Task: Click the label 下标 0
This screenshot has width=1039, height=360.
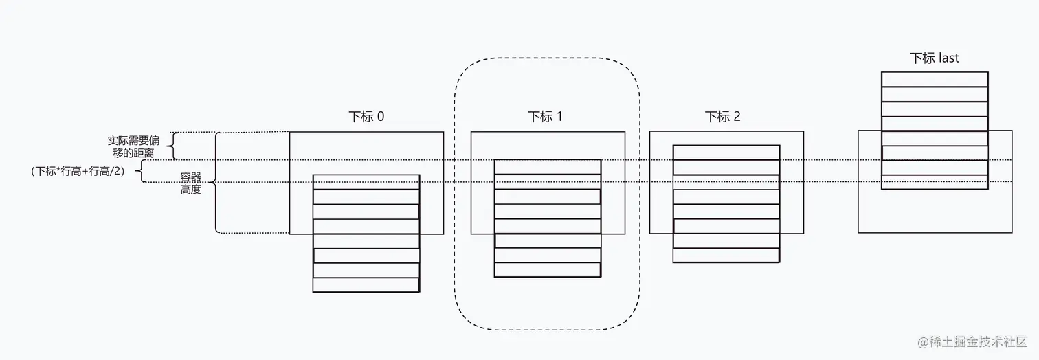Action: [x=366, y=117]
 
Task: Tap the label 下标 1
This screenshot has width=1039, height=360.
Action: [x=545, y=117]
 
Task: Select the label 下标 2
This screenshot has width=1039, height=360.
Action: [x=723, y=117]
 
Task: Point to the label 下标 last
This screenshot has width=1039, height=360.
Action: [x=935, y=58]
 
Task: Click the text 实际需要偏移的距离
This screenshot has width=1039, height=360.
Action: [x=134, y=146]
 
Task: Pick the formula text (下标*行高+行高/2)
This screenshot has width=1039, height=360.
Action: [x=78, y=172]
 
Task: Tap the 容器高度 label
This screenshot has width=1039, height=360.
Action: [x=191, y=183]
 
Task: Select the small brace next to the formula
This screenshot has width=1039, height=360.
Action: [x=139, y=172]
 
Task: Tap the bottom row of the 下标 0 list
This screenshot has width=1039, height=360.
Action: [x=366, y=285]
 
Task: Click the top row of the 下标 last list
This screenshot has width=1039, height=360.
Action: [x=935, y=79]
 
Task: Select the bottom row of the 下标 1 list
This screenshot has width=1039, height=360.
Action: [x=548, y=270]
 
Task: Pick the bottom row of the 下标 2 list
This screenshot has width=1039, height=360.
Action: [x=726, y=256]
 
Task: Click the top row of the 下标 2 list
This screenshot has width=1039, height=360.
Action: [x=726, y=153]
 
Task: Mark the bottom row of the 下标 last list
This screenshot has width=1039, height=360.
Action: [x=935, y=182]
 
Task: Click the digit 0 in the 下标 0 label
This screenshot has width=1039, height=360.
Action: [x=381, y=117]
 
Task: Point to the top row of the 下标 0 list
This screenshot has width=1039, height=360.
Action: [x=366, y=181]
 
